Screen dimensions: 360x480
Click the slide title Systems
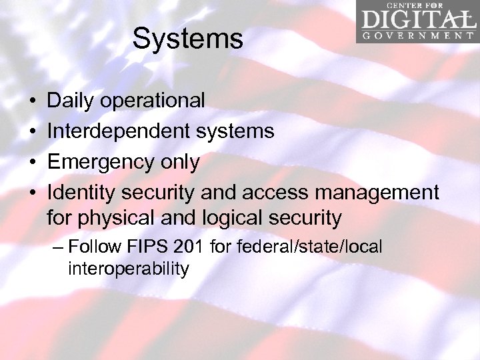pyautogui.click(x=187, y=39)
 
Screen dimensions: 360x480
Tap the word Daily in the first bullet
pyautogui.click(x=71, y=101)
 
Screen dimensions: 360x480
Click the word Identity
pyautogui.click(x=81, y=193)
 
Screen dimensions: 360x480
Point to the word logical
pyautogui.click(x=240, y=217)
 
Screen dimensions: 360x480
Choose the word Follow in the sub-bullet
pyautogui.click(x=93, y=247)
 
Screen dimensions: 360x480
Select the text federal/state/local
pyautogui.click(x=296, y=247)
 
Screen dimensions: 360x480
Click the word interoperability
pyautogui.click(x=128, y=269)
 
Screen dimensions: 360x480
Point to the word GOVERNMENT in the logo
pyautogui.click(x=417, y=35)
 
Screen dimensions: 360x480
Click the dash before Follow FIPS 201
pyautogui.click(x=58, y=247)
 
